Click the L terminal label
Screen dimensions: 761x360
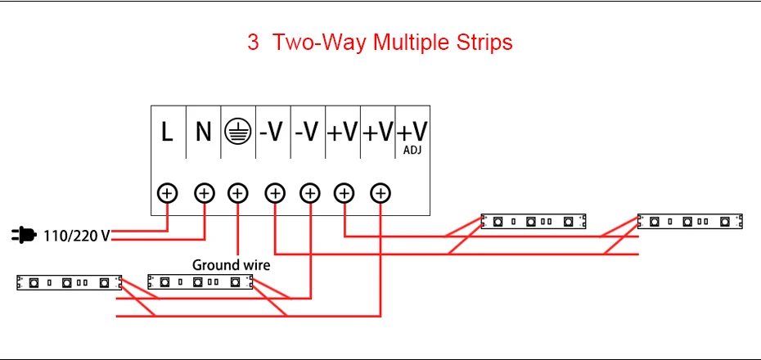click(167, 132)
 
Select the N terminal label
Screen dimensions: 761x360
click(204, 132)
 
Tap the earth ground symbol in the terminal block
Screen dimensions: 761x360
click(238, 132)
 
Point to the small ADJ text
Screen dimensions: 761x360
click(412, 151)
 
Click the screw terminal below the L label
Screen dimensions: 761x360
click(168, 194)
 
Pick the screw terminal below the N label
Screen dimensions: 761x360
click(205, 194)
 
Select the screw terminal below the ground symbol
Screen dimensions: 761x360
click(237, 194)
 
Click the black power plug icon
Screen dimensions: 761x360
click(23, 236)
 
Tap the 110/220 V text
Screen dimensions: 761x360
click(77, 236)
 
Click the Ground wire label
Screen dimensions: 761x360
click(231, 265)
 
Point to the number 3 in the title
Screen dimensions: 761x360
click(253, 43)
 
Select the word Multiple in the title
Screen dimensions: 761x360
click(412, 43)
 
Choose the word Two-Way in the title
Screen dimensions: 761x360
click(320, 43)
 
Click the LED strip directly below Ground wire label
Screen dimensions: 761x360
click(200, 282)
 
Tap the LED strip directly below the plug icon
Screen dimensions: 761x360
click(69, 282)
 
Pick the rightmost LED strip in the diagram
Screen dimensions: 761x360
click(690, 221)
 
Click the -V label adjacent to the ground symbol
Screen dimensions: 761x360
click(271, 132)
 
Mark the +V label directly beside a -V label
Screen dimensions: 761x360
click(342, 132)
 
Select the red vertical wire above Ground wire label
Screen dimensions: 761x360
click(237, 229)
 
